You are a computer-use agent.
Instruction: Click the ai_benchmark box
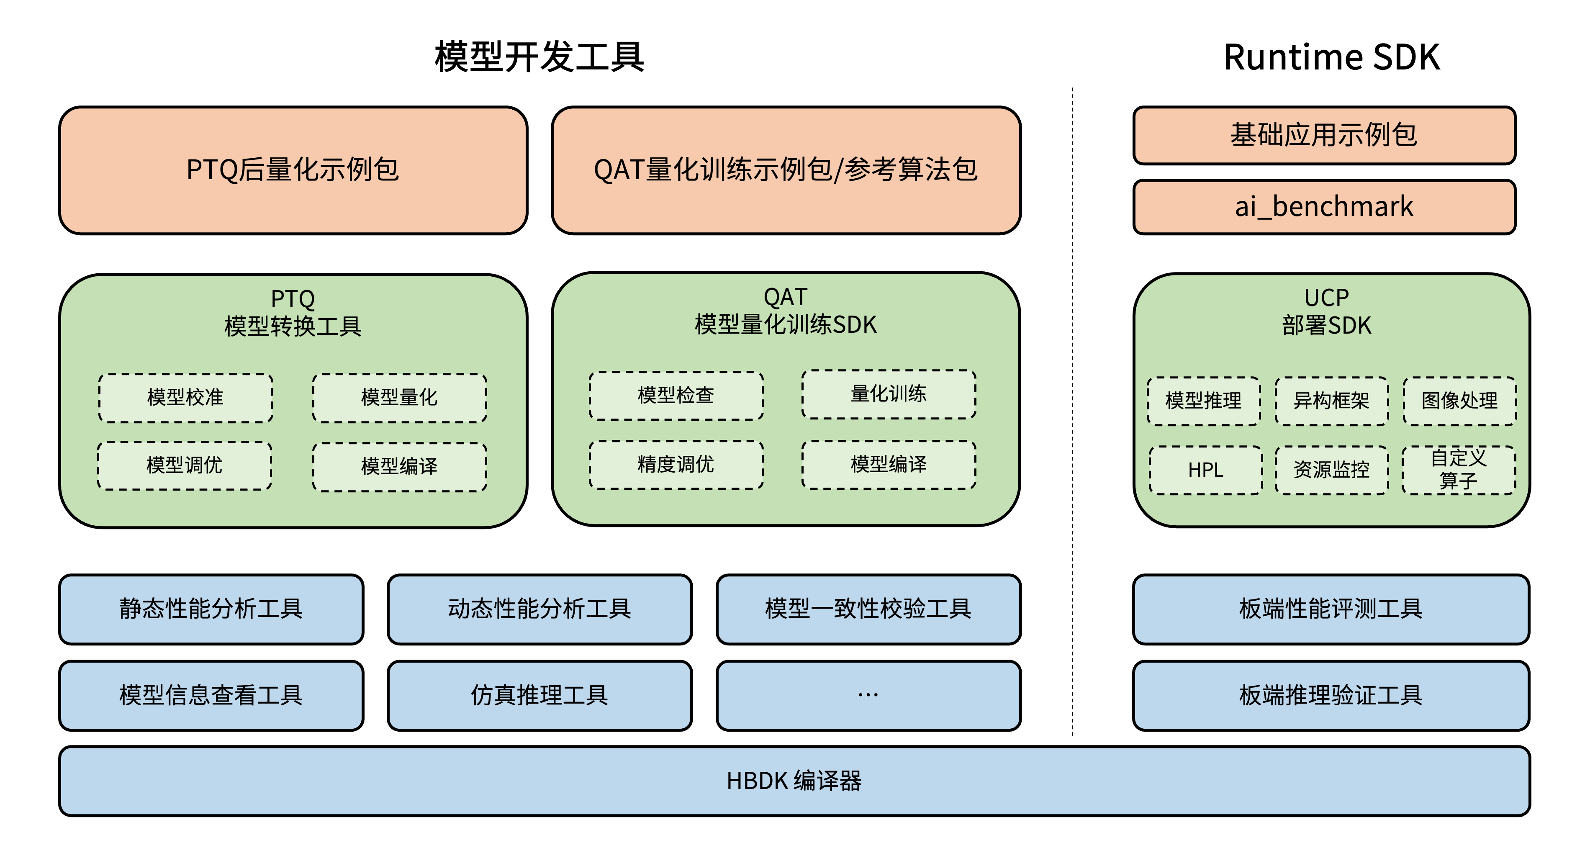tap(1324, 207)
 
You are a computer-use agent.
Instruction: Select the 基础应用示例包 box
tap(1324, 135)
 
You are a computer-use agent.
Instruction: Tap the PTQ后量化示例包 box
tap(293, 170)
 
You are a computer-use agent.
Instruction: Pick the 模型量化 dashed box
tap(399, 398)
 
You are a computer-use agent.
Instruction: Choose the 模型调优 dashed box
tap(185, 465)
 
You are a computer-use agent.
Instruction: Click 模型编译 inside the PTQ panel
tap(399, 467)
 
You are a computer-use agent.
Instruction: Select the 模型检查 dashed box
tap(676, 396)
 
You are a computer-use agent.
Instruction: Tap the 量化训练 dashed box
tap(889, 394)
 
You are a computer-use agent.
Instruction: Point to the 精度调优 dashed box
tap(676, 465)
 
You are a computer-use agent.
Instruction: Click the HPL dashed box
tap(1205, 470)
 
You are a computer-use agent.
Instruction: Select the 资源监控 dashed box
tap(1331, 470)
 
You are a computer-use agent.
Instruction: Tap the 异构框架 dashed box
tap(1331, 401)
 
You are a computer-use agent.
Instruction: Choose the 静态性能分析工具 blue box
tap(211, 609)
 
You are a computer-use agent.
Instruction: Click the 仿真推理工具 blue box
tap(539, 696)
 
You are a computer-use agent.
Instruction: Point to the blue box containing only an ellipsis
tap(868, 696)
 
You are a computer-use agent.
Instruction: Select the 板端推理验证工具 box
tap(1331, 696)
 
